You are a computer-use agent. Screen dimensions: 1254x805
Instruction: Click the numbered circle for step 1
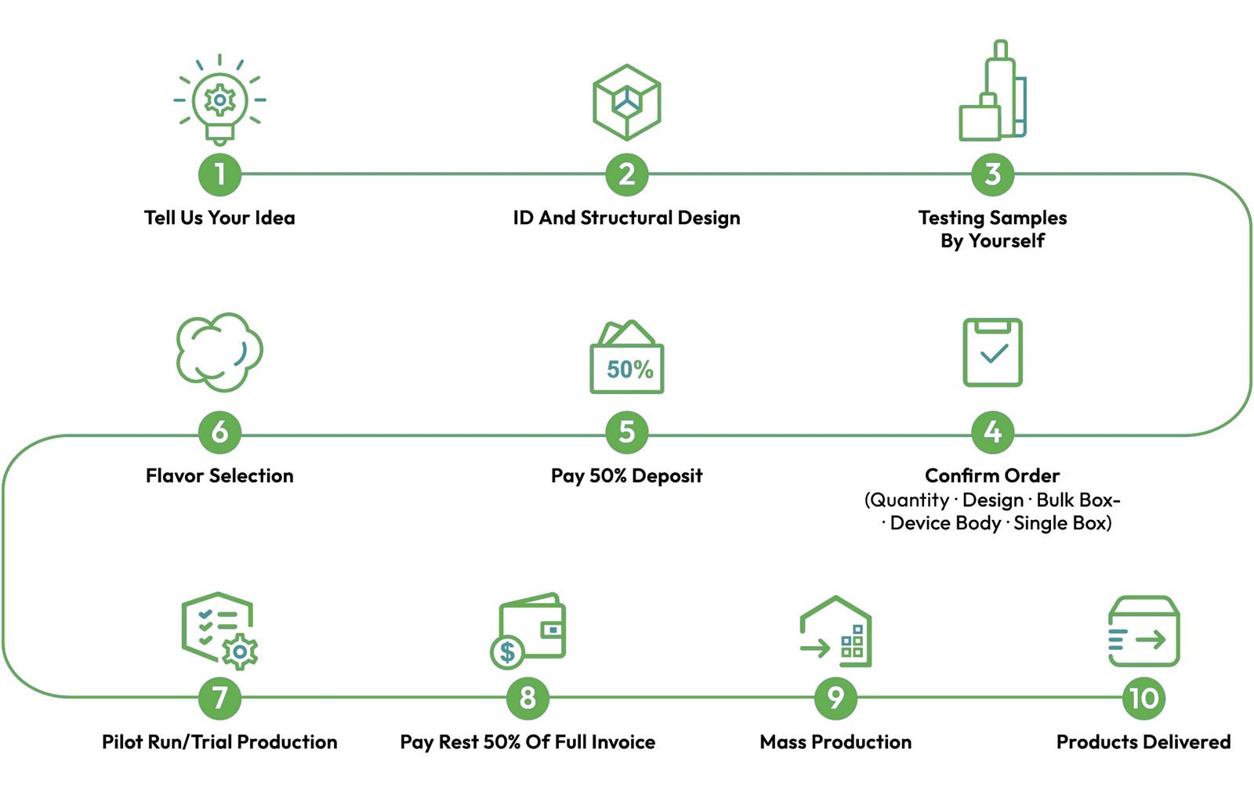220,175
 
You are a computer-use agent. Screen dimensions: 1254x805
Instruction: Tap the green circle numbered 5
627,432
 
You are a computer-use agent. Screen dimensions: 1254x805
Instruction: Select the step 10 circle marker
1143,699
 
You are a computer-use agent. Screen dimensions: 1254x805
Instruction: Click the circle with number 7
220,699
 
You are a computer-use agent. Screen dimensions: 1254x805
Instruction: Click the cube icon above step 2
627,103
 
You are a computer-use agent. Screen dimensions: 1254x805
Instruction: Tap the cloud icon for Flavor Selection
219,352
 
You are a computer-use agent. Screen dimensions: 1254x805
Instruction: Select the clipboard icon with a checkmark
992,352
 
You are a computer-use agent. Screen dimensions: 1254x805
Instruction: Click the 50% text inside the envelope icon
630,369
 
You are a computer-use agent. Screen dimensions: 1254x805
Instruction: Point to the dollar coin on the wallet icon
507,652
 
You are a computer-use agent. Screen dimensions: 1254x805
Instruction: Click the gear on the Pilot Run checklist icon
240,652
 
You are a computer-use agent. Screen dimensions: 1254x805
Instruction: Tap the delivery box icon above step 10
1143,631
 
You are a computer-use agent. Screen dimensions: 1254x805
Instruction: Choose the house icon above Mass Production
835,631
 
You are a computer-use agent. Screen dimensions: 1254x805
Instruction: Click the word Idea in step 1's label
275,218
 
